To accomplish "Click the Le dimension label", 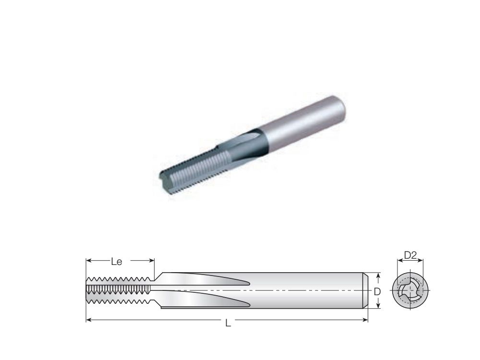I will coord(117,262).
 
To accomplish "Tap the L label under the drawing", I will coord(228,324).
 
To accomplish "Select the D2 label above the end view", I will coord(410,256).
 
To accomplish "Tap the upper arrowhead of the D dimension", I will coord(378,276).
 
